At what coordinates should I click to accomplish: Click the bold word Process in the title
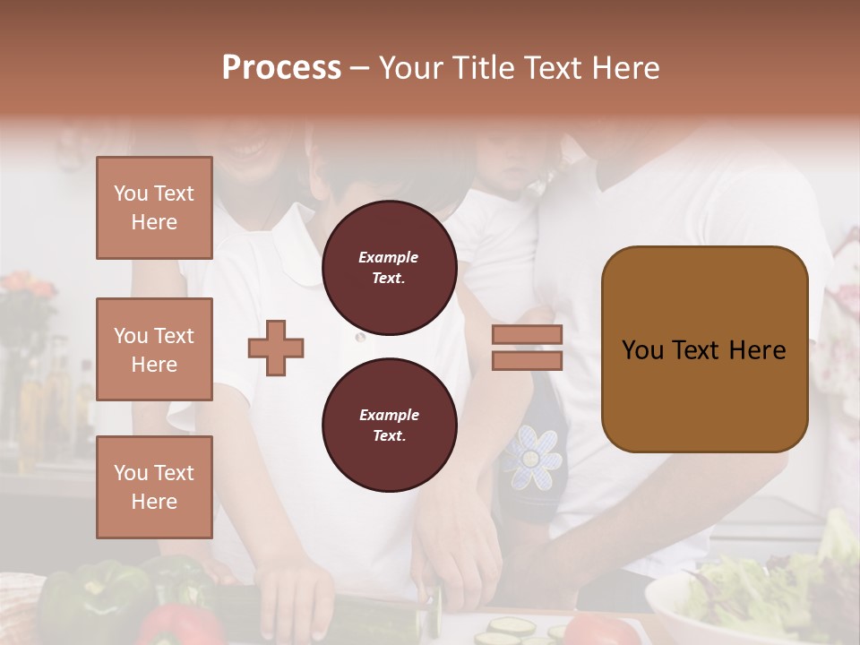tap(281, 67)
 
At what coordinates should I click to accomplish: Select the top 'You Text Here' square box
tap(154, 208)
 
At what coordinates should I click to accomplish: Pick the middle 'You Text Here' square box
tap(154, 349)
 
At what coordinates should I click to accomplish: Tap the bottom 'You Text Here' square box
tap(154, 486)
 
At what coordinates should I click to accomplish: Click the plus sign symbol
tap(276, 348)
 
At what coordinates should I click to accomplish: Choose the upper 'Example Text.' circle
tap(389, 268)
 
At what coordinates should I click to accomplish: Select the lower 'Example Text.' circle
tap(389, 426)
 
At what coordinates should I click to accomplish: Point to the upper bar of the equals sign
tap(527, 335)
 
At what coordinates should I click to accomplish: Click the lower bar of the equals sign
tap(527, 360)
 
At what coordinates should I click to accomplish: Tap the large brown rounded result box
tap(704, 349)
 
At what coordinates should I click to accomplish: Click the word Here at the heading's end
tap(626, 67)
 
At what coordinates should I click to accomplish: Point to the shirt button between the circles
tap(360, 338)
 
